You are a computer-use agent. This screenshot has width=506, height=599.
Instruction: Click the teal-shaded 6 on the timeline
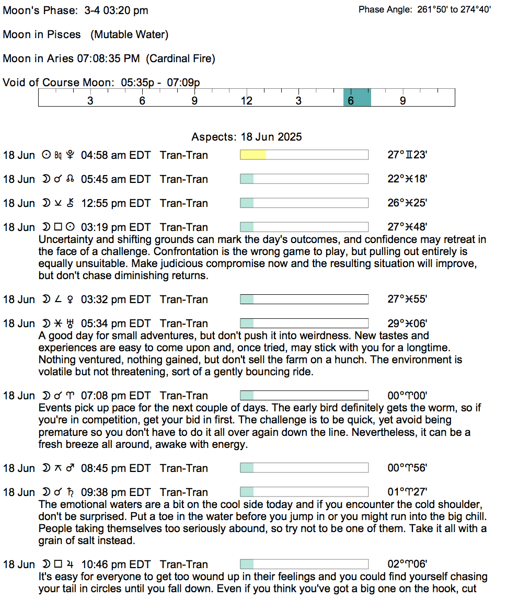pyautogui.click(x=351, y=100)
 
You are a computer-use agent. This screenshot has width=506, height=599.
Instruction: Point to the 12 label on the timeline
pyautogui.click(x=246, y=100)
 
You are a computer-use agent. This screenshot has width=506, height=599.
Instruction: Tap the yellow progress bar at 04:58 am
pyautogui.click(x=253, y=155)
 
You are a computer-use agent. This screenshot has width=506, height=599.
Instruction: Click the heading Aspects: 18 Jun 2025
pyautogui.click(x=247, y=137)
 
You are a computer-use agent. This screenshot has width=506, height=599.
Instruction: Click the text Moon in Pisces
pyautogui.click(x=42, y=34)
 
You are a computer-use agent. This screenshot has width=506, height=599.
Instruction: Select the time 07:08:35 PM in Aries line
pyautogui.click(x=108, y=59)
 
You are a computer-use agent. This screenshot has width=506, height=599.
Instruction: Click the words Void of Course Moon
pyautogui.click(x=58, y=83)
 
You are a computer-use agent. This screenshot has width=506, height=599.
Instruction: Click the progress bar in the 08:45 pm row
pyautogui.click(x=304, y=468)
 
